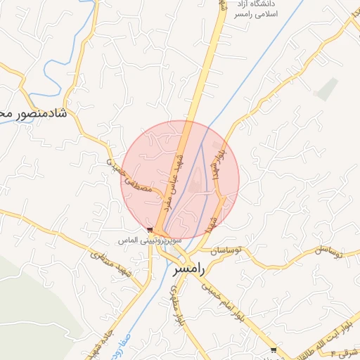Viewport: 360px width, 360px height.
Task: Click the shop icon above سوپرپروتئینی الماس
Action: coord(150,230)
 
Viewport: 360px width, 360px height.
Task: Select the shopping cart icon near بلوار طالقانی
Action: coord(274,349)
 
